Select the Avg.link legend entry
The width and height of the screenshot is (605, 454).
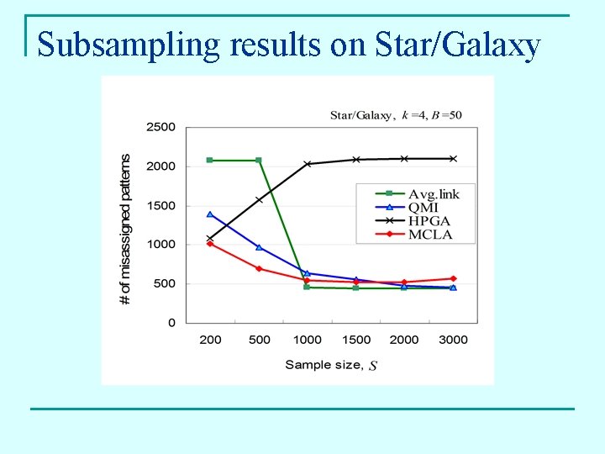(434, 194)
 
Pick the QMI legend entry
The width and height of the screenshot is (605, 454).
(424, 208)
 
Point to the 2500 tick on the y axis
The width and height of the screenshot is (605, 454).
(160, 127)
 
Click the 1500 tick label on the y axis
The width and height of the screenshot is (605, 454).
(160, 205)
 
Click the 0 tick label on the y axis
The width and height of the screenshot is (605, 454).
(171, 323)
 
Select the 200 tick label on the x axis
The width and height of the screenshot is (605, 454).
(210, 340)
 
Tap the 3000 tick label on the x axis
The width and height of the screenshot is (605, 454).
(453, 340)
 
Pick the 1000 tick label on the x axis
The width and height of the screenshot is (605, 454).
(307, 340)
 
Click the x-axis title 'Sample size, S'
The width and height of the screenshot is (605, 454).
(331, 365)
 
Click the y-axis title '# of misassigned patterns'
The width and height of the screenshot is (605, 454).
(125, 229)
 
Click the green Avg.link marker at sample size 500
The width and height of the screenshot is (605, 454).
(259, 160)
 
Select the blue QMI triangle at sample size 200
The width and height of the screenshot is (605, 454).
(210, 214)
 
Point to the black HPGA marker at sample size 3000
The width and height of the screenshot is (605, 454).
(453, 158)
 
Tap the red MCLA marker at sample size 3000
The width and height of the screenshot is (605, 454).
(453, 278)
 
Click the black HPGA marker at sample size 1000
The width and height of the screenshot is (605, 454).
(307, 164)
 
